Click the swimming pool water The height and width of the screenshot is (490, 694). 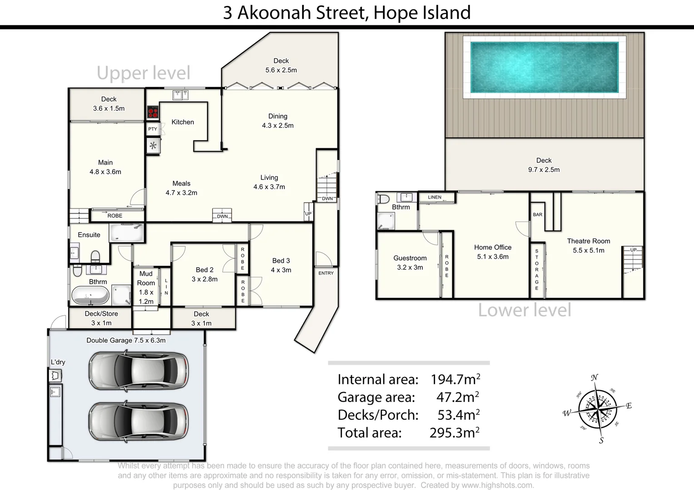click(x=544, y=67)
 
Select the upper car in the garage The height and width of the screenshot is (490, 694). click(x=139, y=371)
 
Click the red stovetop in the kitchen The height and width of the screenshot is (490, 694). click(x=153, y=112)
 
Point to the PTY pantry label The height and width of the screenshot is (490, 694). click(x=153, y=129)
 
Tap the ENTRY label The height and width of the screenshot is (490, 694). click(x=326, y=273)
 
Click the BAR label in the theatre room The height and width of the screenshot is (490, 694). click(x=537, y=215)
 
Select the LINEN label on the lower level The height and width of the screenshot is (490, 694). click(x=434, y=197)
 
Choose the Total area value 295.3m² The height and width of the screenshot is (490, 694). click(x=454, y=433)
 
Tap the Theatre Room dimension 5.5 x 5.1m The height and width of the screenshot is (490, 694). click(x=588, y=250)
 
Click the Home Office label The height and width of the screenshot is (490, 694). click(x=492, y=247)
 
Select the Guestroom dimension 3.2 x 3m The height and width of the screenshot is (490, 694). click(x=410, y=268)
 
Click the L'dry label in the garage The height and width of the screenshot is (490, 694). click(x=58, y=362)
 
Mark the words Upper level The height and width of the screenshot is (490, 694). click(x=144, y=73)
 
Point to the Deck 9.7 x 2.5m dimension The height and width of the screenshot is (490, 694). click(x=544, y=170)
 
